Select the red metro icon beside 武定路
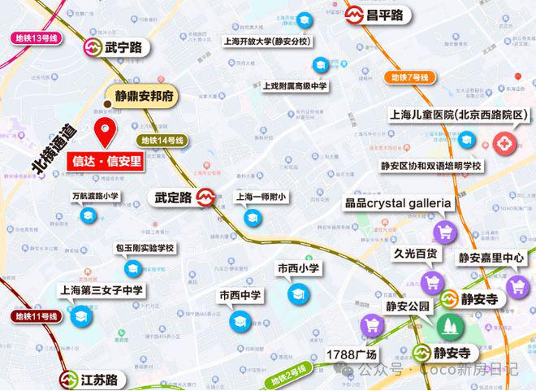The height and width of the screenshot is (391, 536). pyautogui.click(x=206, y=198)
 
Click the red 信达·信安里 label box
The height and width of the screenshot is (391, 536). pyautogui.click(x=104, y=160)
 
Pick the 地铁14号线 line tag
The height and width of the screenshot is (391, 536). pyautogui.click(x=162, y=140)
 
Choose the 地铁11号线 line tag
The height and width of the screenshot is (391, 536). pyautogui.click(x=36, y=315)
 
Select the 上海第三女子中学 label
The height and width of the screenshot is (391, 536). pyautogui.click(x=102, y=289)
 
